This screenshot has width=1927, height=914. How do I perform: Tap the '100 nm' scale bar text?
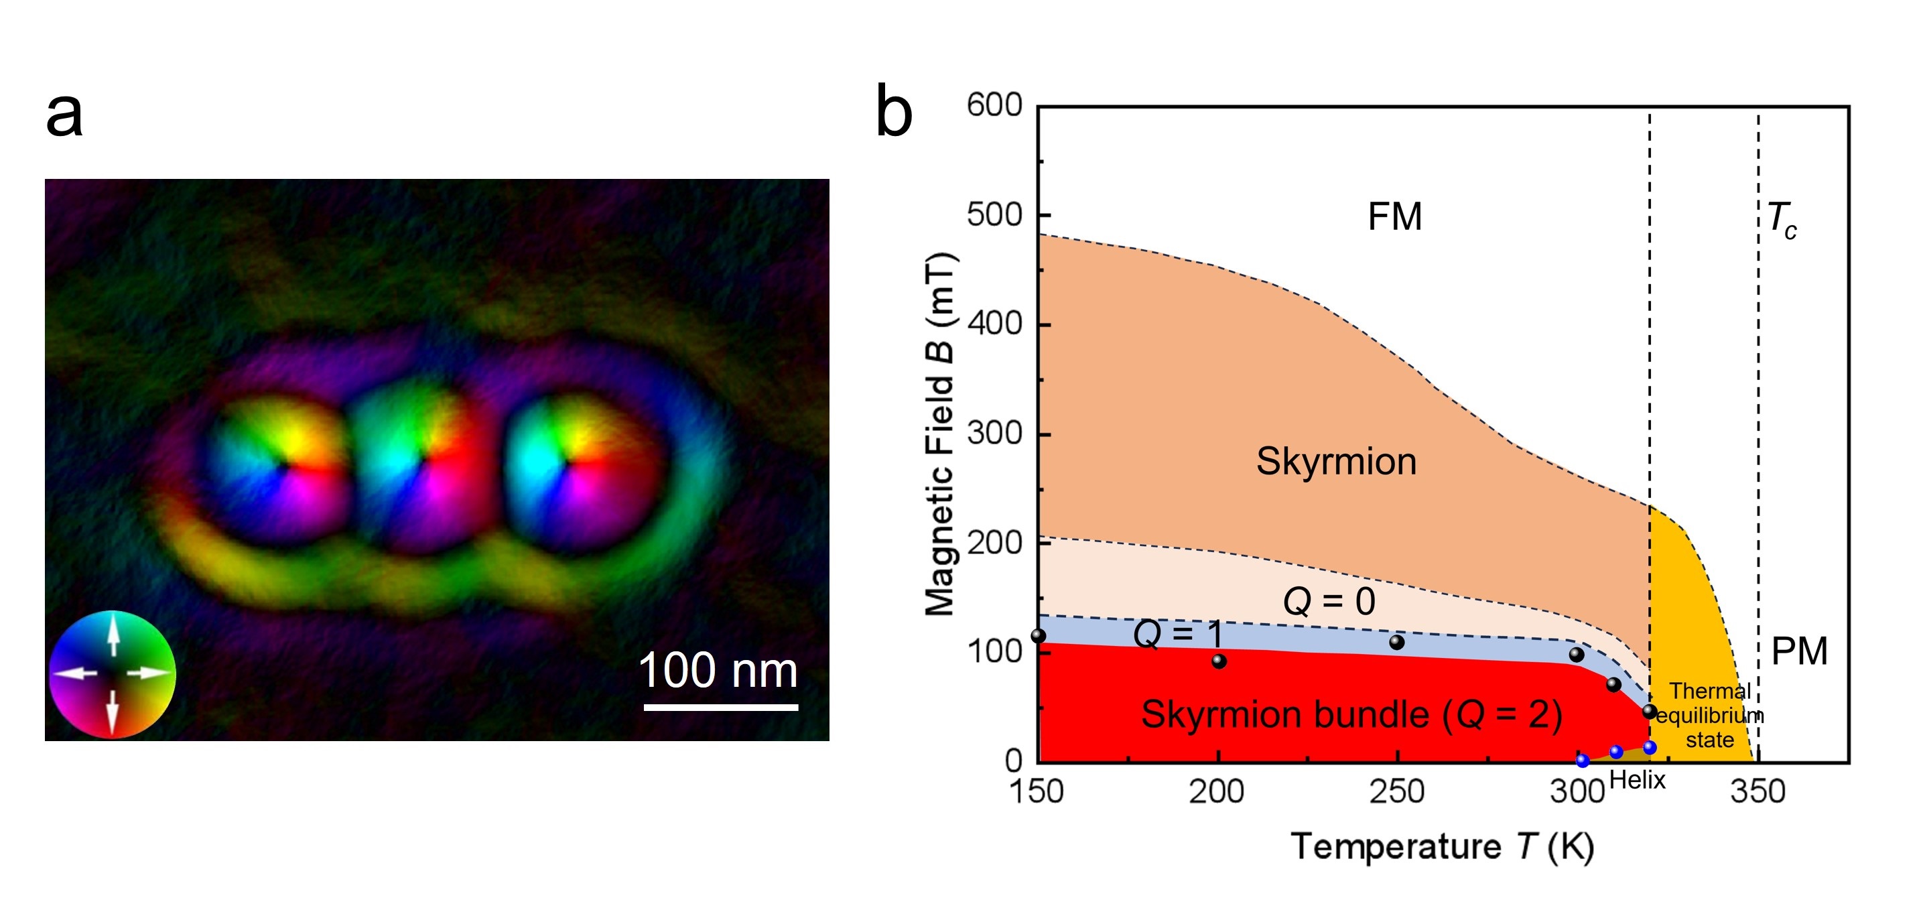(718, 670)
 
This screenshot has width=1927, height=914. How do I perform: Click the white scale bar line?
(720, 706)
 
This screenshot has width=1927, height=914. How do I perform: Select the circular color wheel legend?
(112, 674)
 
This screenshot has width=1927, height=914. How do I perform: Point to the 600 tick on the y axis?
(994, 105)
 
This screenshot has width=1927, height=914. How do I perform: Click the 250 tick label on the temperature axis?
(1396, 792)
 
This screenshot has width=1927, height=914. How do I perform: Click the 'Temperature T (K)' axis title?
(1443, 848)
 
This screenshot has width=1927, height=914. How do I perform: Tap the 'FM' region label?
(1394, 217)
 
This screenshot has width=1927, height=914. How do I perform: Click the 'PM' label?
(1799, 651)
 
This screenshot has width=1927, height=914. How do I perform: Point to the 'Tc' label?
(1781, 220)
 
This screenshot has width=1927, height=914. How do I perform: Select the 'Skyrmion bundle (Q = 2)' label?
(1351, 714)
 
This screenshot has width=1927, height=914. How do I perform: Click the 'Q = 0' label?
(1329, 601)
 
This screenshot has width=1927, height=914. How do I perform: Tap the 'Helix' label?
(1637, 781)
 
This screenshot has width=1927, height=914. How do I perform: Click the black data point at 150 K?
(1039, 636)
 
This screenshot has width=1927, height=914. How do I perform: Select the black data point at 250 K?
(1396, 643)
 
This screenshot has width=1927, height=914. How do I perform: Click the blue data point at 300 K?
(1583, 761)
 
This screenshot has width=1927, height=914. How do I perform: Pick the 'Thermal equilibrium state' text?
(1710, 715)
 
